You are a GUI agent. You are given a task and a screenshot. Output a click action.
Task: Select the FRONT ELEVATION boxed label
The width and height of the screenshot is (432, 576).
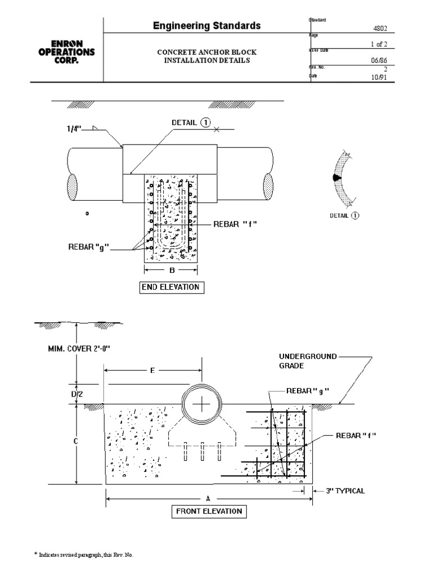[208, 511]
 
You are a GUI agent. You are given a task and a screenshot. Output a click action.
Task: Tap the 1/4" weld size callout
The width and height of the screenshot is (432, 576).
[73, 129]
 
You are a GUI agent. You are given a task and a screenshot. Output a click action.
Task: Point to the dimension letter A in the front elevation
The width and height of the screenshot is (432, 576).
[208, 498]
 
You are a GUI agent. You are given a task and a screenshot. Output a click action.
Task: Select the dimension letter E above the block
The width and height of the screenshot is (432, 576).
[152, 371]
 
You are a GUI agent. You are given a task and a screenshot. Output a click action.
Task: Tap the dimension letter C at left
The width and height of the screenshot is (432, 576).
[74, 443]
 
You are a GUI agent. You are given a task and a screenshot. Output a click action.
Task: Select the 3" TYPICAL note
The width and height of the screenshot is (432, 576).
[345, 490]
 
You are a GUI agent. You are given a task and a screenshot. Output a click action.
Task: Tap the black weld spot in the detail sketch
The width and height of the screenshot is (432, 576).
[337, 177]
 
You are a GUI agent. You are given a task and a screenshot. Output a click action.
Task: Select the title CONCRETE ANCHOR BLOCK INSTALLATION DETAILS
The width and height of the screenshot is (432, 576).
[206, 56]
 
